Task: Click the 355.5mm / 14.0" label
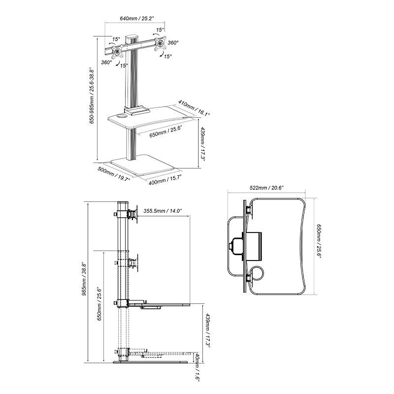163,211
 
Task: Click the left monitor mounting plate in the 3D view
118,51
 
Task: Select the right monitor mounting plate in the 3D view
160,44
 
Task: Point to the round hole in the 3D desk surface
121,117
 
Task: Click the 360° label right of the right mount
173,43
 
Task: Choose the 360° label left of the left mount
106,63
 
